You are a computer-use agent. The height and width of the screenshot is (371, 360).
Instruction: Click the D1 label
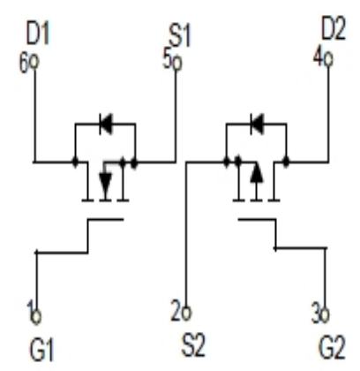[x=38, y=34]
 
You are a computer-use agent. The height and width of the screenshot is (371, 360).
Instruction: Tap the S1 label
[x=180, y=36]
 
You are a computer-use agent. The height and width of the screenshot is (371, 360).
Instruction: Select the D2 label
[x=334, y=29]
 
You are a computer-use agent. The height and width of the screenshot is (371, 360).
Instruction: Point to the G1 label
[x=41, y=350]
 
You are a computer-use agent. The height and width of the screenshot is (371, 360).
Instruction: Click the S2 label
[x=193, y=345]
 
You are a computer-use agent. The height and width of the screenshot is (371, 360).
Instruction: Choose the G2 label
[x=332, y=348]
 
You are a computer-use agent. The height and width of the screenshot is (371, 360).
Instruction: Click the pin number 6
[x=24, y=63]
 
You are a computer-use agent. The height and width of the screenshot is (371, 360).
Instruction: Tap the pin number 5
[x=167, y=60]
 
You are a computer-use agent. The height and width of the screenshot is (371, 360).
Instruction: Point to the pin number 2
[x=176, y=310]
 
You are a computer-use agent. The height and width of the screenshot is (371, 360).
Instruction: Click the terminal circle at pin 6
[x=34, y=62]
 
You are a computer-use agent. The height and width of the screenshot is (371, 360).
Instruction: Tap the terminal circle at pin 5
[x=176, y=63]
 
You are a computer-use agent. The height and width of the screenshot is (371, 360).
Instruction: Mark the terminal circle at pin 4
[x=328, y=59]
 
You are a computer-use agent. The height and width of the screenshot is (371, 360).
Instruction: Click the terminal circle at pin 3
[x=325, y=315]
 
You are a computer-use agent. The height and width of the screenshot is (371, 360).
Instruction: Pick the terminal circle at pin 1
[x=36, y=317]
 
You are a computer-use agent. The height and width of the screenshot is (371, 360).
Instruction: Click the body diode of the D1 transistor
[x=106, y=124]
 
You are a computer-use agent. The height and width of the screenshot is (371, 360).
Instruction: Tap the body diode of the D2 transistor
[x=257, y=124]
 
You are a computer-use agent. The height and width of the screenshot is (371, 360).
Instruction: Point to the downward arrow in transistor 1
[x=105, y=182]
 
